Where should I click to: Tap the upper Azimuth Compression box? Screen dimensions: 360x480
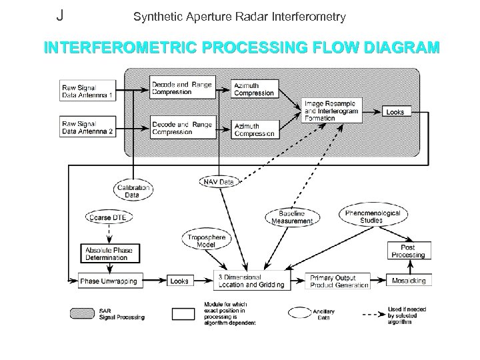253,89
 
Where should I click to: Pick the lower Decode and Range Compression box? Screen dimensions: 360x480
182,127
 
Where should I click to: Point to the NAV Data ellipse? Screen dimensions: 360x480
217,181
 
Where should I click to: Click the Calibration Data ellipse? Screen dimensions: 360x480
132,191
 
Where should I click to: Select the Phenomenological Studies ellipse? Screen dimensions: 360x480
372,216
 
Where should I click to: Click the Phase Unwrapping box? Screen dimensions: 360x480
108,281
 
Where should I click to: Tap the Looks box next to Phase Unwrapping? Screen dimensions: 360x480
179,281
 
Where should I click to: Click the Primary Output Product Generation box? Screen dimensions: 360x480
339,281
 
